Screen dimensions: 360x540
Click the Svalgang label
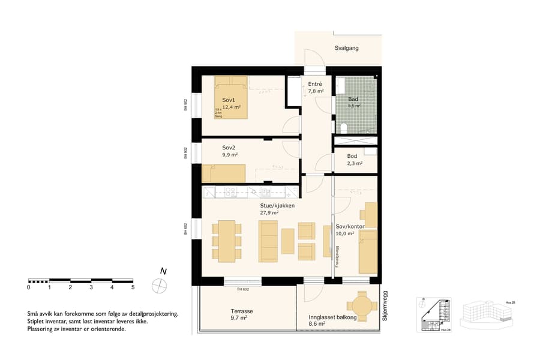pyautogui.click(x=346, y=48)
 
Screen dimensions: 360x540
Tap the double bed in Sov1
pyautogui.click(x=231, y=97)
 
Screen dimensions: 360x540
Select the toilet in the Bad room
pyautogui.click(x=344, y=128)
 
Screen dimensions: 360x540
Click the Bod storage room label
pyautogui.click(x=352, y=156)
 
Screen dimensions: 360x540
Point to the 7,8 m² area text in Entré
pyautogui.click(x=316, y=92)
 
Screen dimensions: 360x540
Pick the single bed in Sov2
pyautogui.click(x=224, y=173)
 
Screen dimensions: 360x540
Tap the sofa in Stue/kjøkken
pyautogui.click(x=268, y=241)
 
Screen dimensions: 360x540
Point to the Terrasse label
pyautogui.click(x=241, y=312)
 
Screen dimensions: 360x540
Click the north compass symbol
pyautogui.click(x=161, y=286)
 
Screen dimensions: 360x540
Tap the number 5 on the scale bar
pyautogui.click(x=133, y=287)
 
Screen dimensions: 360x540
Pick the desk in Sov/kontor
pyautogui.click(x=370, y=215)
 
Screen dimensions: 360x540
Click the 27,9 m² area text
pyautogui.click(x=269, y=212)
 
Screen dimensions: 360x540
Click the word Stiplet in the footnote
pyautogui.click(x=37, y=322)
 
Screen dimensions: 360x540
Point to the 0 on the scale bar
pyautogui.click(x=29, y=287)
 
